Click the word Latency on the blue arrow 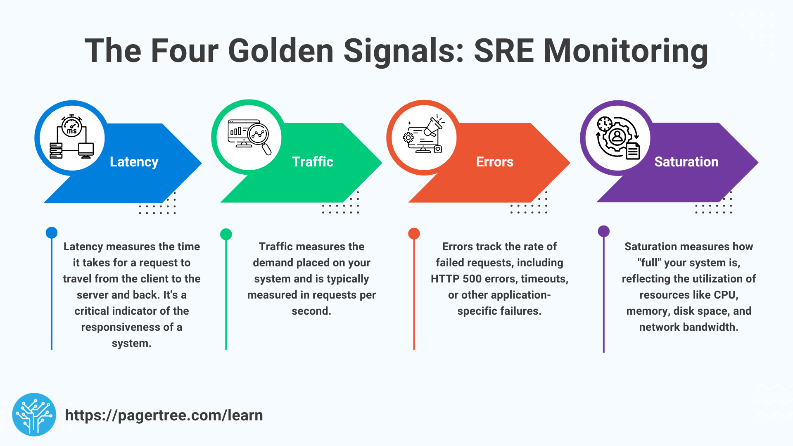(x=134, y=162)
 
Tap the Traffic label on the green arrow (x=312, y=162)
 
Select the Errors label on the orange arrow (x=494, y=162)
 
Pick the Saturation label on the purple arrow (x=686, y=162)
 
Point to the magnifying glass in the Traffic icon (x=260, y=136)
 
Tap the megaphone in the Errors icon (x=433, y=126)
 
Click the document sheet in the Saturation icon (x=633, y=151)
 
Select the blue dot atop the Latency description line (x=52, y=232)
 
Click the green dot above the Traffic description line (x=226, y=234)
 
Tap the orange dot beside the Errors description (x=414, y=234)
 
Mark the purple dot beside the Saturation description (x=603, y=231)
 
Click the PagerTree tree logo (x=34, y=415)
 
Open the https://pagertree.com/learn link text (x=164, y=415)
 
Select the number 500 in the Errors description (x=472, y=279)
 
